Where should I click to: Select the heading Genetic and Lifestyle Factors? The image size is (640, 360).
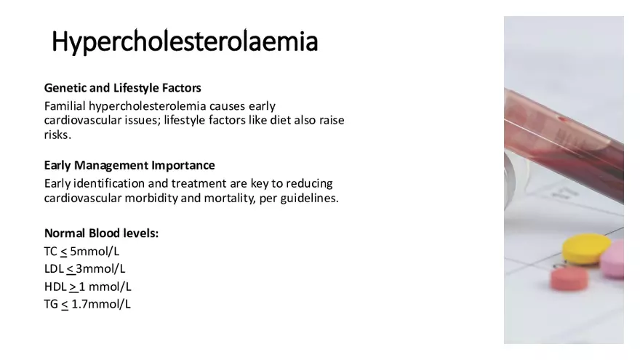point(122,88)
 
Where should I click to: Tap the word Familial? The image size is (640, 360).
point(66,105)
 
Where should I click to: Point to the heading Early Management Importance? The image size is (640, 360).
point(129,165)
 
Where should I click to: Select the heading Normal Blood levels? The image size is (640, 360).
point(101,233)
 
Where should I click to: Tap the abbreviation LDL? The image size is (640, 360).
point(54,268)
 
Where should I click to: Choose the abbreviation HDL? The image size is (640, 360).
point(55,286)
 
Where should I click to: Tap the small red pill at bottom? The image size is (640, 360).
point(569,278)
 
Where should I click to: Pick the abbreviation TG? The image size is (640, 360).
point(51,303)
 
